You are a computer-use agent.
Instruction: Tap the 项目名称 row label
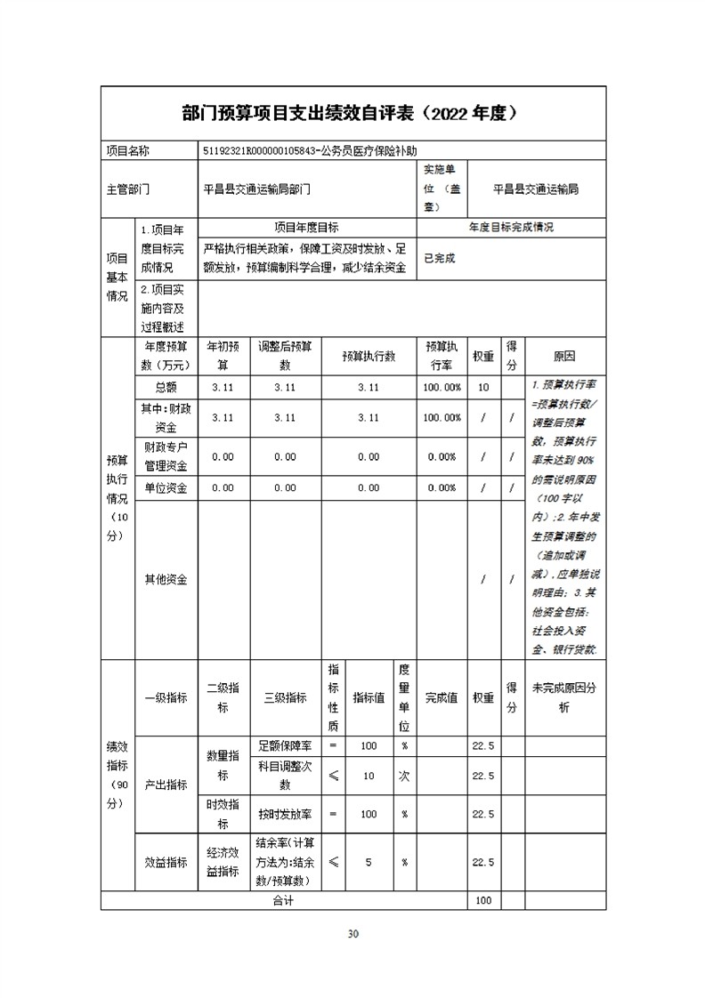[128, 151]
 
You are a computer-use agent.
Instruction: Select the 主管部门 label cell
[128, 189]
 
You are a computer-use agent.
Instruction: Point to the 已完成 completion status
[439, 258]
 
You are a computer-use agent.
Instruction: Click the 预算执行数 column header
[368, 356]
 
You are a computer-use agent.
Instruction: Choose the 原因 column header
[564, 356]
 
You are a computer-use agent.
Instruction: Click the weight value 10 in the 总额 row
[483, 387]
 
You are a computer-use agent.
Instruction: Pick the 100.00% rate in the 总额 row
[442, 387]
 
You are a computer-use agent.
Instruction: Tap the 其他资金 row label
[166, 579]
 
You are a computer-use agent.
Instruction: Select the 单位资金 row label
[166, 487]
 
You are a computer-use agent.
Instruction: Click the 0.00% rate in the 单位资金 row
[442, 487]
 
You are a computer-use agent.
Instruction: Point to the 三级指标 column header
[286, 698]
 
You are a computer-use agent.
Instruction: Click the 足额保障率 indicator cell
[286, 745]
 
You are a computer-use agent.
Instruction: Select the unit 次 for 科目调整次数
[404, 776]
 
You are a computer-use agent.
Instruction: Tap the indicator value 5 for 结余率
[368, 862]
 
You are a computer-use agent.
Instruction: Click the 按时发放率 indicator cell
[286, 814]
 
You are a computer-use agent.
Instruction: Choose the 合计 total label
[283, 901]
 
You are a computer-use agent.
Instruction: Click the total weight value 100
[483, 901]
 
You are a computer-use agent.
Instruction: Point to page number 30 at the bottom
[352, 933]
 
